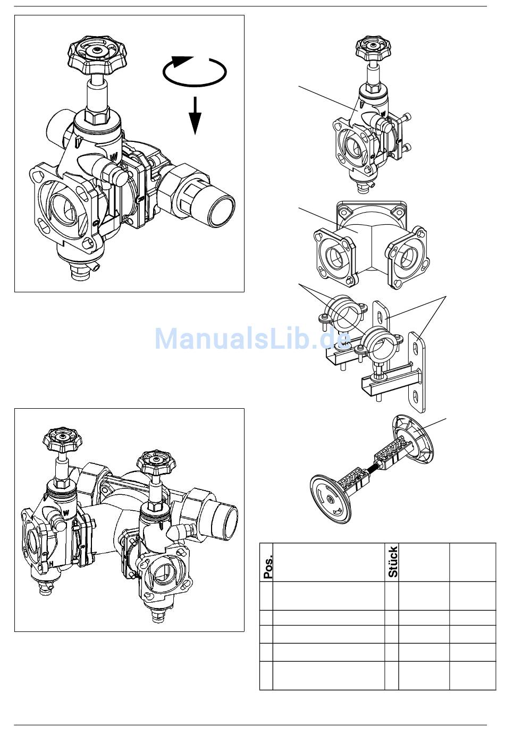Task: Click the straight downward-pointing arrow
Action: click(196, 115)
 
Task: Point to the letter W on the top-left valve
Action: click(113, 157)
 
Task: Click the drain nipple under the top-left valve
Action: click(80, 276)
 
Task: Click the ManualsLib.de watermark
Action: click(252, 338)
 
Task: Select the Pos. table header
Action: click(267, 567)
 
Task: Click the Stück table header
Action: click(392, 562)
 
